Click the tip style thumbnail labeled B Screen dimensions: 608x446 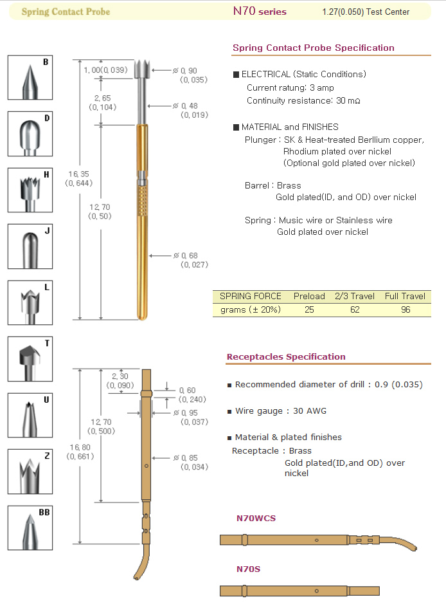pos(30,78)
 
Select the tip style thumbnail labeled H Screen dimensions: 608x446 pos(30,190)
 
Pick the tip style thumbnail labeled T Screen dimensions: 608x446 pos(30,359)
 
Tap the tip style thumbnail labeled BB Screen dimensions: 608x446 pos(30,528)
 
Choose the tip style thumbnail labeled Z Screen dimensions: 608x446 pos(30,472)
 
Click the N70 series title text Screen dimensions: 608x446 pos(260,12)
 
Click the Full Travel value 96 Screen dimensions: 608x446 pos(405,309)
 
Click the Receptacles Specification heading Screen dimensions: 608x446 pos(286,356)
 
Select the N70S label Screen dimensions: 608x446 pos(248,569)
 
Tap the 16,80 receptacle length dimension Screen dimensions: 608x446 pos(80,452)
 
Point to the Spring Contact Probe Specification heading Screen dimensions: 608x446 pos(314,48)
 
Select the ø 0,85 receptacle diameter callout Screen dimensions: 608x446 pos(191,462)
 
